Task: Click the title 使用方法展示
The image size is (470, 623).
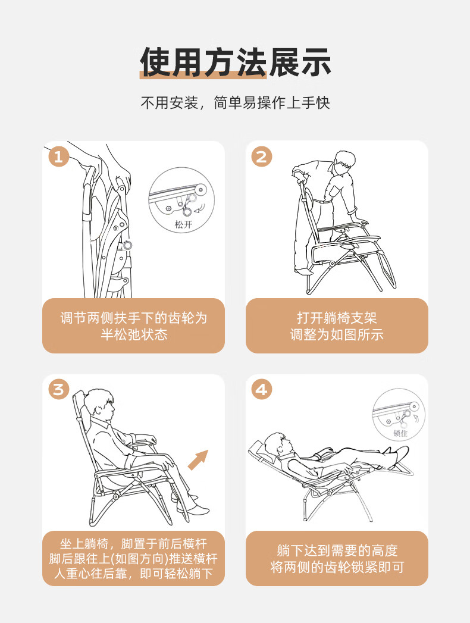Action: tap(235, 62)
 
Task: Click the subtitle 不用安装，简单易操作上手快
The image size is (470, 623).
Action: tap(235, 102)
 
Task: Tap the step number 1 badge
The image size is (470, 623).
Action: tap(59, 156)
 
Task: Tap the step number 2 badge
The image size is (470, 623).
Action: tap(262, 156)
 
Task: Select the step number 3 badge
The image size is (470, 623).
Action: tap(59, 389)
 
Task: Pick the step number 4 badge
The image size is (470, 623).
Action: tap(262, 389)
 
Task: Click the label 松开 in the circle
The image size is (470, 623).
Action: tap(184, 224)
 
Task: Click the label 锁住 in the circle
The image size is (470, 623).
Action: tap(400, 433)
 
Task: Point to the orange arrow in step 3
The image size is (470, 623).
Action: tap(198, 460)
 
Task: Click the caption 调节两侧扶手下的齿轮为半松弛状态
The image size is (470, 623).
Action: tap(133, 326)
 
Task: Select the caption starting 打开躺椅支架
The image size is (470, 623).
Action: tap(337, 326)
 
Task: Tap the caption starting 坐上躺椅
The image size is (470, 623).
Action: tap(133, 558)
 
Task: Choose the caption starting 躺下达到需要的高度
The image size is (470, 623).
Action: tap(337, 558)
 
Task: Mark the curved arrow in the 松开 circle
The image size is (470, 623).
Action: tap(201, 208)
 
